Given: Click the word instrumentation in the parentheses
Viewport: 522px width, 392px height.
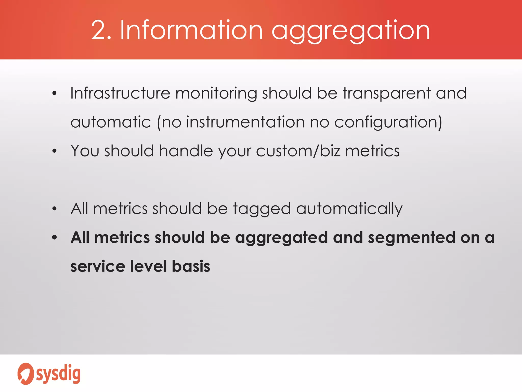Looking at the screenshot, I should pos(245,122).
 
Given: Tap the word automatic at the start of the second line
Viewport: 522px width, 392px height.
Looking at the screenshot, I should pos(111,122).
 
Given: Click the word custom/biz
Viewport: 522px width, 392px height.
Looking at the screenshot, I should pos(298,151).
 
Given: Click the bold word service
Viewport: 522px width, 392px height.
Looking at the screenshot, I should pos(97,266).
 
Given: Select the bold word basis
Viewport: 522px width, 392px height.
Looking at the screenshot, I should pos(191,266).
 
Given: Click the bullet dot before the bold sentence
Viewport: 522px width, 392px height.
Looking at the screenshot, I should pos(54,238).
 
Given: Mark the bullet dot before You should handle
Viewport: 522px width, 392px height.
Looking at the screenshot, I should pos(54,151).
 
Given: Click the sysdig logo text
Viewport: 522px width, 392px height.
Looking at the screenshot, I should pos(58,374).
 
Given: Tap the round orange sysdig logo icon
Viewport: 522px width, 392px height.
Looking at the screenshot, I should pos(25,374).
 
